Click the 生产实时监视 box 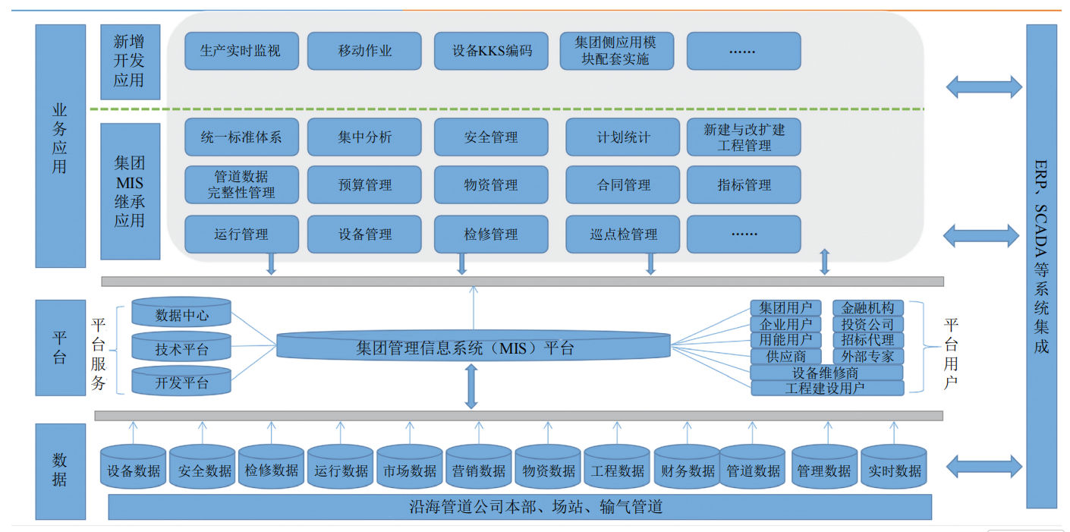[x=241, y=51]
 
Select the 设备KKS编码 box [x=491, y=51]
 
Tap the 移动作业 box [x=364, y=51]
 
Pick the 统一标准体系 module [x=241, y=137]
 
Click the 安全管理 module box [x=491, y=137]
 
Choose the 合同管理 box [x=623, y=185]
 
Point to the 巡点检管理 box [x=623, y=235]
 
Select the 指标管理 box [x=744, y=185]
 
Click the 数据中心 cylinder [x=181, y=314]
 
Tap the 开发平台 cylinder [x=181, y=382]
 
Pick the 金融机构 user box [x=868, y=308]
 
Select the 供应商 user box [x=785, y=356]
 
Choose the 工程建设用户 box [x=827, y=389]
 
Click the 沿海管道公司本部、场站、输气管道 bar [x=520, y=507]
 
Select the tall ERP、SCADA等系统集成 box [x=1041, y=266]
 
